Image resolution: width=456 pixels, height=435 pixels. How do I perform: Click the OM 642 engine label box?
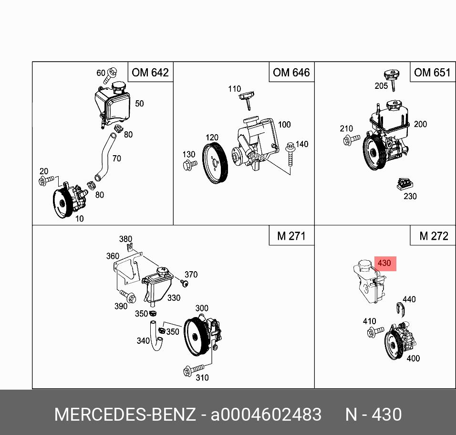pos(150,72)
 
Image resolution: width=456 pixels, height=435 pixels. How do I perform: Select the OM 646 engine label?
pos(291,72)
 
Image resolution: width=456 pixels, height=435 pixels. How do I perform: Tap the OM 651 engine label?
pos(433,72)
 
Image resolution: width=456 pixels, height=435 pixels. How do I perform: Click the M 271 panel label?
pos(291,235)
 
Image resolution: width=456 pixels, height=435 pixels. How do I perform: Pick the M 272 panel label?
pos(433,235)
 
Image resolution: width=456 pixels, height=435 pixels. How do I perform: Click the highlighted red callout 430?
pos(385,264)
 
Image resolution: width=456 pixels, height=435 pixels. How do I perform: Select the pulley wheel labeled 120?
pos(215,163)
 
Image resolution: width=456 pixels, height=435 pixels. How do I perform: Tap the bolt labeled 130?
pos(190,165)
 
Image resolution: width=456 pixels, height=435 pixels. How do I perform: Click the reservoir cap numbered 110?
pos(247,100)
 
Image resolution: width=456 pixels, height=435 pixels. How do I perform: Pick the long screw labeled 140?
pos(290,154)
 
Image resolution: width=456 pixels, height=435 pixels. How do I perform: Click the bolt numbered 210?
pos(352,139)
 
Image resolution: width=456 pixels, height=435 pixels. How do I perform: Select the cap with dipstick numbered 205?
pos(392,79)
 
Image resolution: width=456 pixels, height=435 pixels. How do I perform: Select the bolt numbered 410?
pos(375,332)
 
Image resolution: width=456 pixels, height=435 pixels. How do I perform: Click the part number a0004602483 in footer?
pos(266,414)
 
